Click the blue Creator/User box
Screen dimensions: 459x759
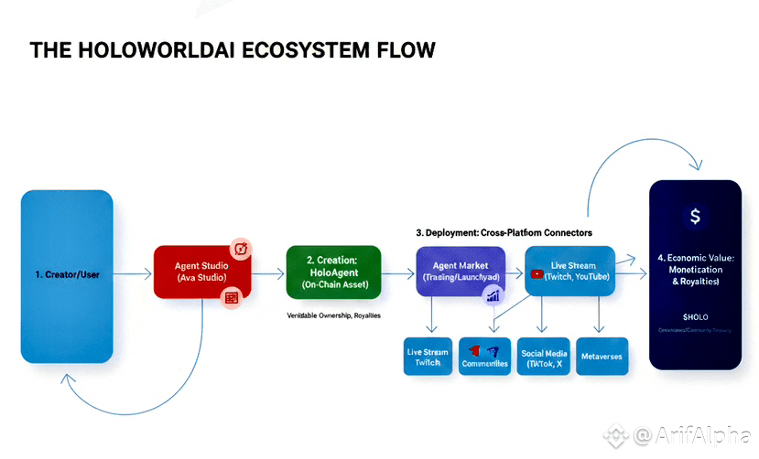(x=67, y=274)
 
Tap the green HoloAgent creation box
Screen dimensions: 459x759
(x=333, y=272)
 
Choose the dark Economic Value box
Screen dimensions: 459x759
(x=695, y=274)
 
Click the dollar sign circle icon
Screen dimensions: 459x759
(x=695, y=217)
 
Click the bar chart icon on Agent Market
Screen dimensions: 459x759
(x=493, y=294)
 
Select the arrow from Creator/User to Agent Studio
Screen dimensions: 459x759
(x=132, y=272)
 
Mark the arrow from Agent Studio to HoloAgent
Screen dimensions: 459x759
(x=266, y=272)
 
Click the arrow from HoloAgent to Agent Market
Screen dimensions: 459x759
(x=398, y=272)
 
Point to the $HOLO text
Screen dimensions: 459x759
(x=695, y=315)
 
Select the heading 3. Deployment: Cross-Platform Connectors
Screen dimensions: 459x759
(x=504, y=232)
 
